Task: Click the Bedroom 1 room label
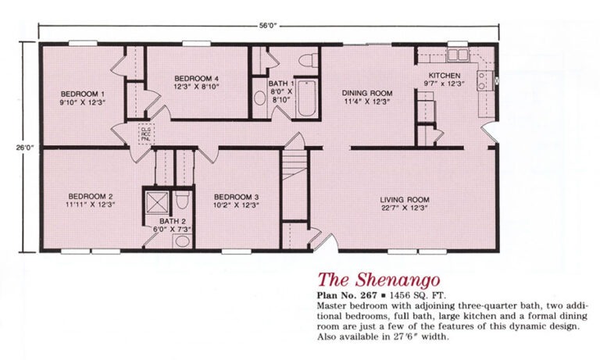[x=83, y=94]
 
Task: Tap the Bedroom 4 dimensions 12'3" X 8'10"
[x=196, y=87]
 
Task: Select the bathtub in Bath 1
[x=306, y=98]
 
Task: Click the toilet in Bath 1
[x=309, y=60]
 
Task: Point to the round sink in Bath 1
[x=260, y=98]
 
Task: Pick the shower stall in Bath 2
[x=157, y=201]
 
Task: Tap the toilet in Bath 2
[x=182, y=200]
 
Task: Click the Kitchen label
[x=445, y=76]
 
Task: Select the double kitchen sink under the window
[x=458, y=55]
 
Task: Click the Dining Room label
[x=367, y=93]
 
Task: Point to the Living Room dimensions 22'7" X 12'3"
[x=405, y=209]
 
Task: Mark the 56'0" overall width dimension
[x=267, y=26]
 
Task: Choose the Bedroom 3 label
[x=236, y=197]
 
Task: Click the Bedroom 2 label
[x=91, y=196]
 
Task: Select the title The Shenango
[x=379, y=280]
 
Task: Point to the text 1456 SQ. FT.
[x=417, y=296]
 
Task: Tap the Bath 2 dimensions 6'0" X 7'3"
[x=172, y=230]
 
